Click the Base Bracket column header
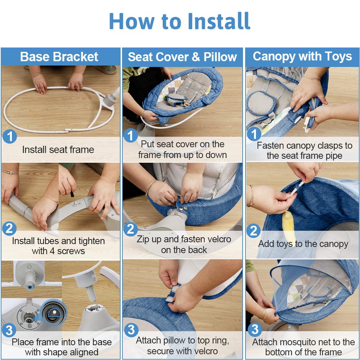coord(59,57)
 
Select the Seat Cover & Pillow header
coord(182,57)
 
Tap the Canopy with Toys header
coord(302,57)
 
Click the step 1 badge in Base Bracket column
coord(10,137)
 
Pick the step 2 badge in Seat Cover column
coord(131,229)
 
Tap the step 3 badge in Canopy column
coord(254,329)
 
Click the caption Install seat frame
coord(58,150)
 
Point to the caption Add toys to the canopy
coord(303,244)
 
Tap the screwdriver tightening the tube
coord(73,198)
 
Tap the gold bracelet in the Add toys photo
coord(251,195)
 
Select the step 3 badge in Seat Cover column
coord(131,329)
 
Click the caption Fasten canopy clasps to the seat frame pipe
coord(304,150)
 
